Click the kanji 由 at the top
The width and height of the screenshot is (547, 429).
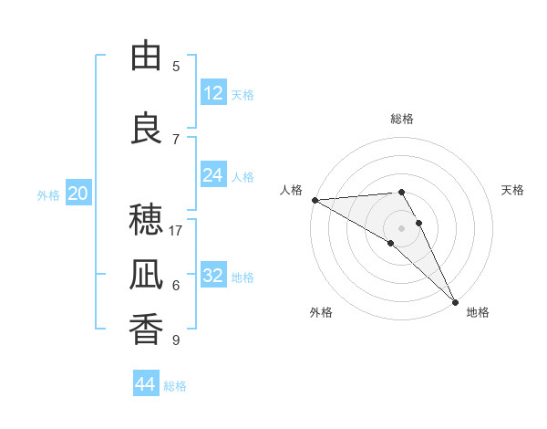tap(146, 57)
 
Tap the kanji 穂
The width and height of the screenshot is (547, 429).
tap(146, 221)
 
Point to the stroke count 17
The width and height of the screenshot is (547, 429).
tap(176, 231)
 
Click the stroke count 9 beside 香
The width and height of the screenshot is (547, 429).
tap(176, 340)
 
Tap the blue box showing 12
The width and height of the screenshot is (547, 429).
tap(213, 93)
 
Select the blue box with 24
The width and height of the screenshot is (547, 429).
tap(213, 175)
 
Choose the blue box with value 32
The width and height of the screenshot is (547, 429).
tap(213, 276)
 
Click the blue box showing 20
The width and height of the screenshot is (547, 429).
tap(78, 194)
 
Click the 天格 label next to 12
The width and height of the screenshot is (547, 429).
tap(243, 95)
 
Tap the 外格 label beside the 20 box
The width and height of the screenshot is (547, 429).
tap(48, 195)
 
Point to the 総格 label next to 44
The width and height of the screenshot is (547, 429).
tap(175, 386)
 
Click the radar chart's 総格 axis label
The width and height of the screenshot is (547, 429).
tap(402, 119)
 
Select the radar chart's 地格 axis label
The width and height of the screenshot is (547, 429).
tap(478, 312)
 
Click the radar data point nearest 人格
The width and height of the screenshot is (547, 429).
tap(315, 200)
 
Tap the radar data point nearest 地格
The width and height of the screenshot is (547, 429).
tap(455, 300)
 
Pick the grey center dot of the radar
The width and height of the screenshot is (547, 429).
tap(402, 228)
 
